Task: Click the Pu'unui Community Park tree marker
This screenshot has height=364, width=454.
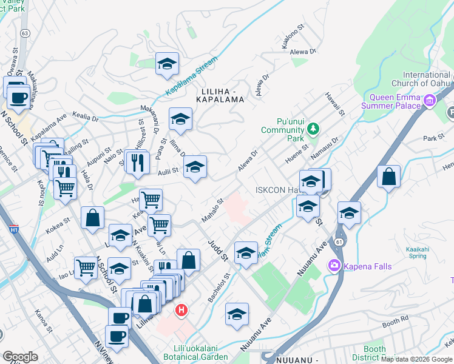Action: click(x=313, y=128)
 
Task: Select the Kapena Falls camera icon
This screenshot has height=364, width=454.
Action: click(x=333, y=265)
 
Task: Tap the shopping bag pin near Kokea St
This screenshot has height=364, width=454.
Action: click(x=92, y=218)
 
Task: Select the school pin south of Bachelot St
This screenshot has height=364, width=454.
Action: click(x=237, y=314)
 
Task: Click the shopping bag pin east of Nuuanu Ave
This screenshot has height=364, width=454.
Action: click(x=388, y=177)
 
